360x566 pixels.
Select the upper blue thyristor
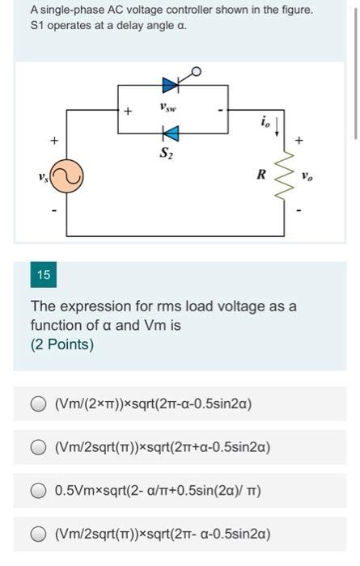coord(171,83)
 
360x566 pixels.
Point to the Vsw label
coord(167,106)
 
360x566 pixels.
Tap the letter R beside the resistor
coord(261,173)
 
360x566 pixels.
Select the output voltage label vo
coord(307,175)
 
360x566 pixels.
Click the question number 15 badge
coord(43,275)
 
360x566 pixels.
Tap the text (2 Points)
coord(61,344)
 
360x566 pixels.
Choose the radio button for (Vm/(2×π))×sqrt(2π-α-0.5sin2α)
coord(38,403)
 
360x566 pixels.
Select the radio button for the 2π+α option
coord(38,447)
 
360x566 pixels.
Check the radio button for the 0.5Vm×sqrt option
coord(38,491)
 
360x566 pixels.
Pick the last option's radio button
coord(38,534)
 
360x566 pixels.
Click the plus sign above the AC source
coord(54,141)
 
